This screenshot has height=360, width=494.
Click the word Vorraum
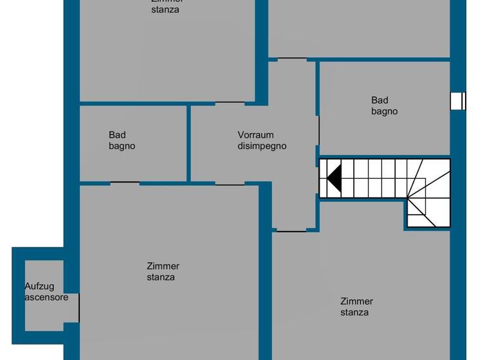pos(255,135)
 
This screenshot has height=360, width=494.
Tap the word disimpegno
pos(262,146)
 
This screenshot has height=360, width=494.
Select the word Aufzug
pos(39,287)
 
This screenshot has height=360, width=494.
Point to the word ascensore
pos(46,298)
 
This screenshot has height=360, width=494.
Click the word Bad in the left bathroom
pos(117,135)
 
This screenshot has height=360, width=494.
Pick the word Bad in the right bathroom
pos(380,100)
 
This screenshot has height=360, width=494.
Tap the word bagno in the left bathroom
pos(122,146)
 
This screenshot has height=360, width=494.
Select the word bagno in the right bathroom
pos(384,111)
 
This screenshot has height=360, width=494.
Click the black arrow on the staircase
pos(334,177)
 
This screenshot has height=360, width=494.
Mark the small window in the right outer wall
pos(458,102)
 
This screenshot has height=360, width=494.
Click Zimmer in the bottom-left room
pos(163,266)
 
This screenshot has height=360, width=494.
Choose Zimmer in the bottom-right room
pos(356,301)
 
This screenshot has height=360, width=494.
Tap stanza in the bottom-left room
pos(161,278)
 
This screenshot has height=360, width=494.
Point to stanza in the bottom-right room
pos(354,312)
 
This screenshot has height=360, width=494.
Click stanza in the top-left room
pos(165,10)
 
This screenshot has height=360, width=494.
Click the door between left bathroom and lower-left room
pos(125,183)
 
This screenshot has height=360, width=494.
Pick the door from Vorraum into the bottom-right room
pos(290,230)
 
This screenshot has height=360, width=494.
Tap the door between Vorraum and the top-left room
pos(230,103)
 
